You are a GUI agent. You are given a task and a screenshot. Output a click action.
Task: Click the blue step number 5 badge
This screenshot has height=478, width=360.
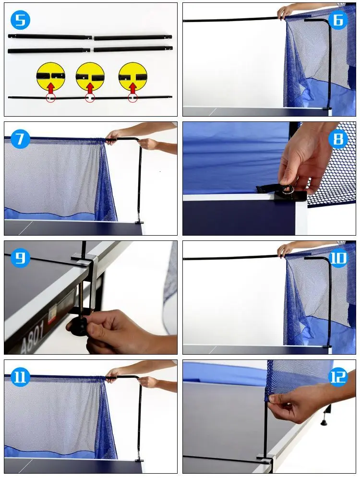tap(20, 20)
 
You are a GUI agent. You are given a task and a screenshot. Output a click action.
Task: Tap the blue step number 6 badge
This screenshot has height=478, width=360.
tap(338, 20)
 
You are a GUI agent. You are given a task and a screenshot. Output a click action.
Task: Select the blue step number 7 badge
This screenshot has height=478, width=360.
tap(20, 139)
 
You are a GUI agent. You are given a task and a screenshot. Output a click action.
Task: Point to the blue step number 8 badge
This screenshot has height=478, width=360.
tap(338, 139)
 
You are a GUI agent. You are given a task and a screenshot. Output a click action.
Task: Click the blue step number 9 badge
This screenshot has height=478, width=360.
tap(20, 258)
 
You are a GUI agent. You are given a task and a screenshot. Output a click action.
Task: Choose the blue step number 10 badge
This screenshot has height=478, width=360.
tap(338, 258)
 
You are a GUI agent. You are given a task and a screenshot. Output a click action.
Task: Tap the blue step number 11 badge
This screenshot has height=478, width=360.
tap(20, 377)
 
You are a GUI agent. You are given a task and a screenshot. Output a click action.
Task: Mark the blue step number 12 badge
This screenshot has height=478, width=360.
tap(338, 377)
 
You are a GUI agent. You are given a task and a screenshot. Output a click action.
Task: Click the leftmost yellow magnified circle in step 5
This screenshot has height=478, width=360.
tap(50, 76)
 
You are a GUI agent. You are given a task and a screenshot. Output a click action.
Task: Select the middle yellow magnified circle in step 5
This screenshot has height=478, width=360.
tap(90, 76)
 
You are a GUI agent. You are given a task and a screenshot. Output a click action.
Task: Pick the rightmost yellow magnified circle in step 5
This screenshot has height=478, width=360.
tap(132, 76)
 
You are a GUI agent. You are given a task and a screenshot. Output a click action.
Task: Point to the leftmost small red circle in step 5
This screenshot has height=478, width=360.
tap(50, 98)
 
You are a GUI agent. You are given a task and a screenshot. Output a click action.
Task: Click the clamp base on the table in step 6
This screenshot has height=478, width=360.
tap(327, 108)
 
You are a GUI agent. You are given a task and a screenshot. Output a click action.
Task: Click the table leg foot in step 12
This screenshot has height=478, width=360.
tap(324, 422)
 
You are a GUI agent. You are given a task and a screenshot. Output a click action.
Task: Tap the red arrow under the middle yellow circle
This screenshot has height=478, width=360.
tap(90, 88)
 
